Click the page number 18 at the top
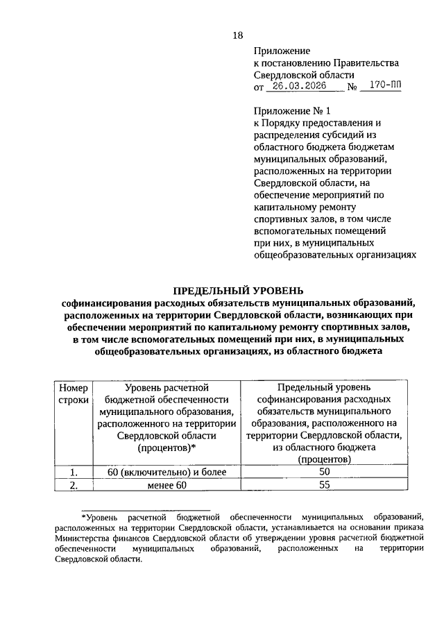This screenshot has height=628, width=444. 238,35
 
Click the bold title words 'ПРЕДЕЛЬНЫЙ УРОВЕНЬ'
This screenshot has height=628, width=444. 238,290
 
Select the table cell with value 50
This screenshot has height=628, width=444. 323,472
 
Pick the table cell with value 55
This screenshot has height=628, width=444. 323,485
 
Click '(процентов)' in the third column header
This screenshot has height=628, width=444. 323,459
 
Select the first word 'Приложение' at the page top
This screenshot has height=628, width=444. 281,50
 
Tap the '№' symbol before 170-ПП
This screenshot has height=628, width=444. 352,88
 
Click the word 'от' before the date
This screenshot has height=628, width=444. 259,89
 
